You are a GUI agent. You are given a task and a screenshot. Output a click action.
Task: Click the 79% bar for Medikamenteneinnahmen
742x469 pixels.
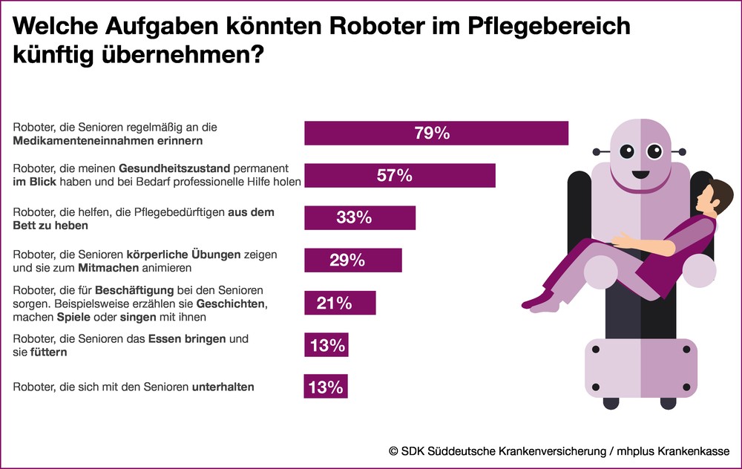click(436, 134)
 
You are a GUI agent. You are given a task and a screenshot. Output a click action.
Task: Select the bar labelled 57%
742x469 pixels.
click(399, 176)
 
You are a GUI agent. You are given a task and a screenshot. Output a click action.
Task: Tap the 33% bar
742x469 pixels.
click(360, 218)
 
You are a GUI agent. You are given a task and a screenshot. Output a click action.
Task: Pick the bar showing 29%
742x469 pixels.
click(353, 260)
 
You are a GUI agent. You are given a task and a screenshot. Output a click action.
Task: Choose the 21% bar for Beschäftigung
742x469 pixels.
click(340, 303)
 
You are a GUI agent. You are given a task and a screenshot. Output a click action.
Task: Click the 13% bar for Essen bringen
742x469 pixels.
click(326, 345)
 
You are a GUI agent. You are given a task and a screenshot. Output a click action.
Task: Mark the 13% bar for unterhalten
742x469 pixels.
click(326, 387)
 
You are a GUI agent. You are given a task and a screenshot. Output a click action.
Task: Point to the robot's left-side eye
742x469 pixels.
click(628, 152)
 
